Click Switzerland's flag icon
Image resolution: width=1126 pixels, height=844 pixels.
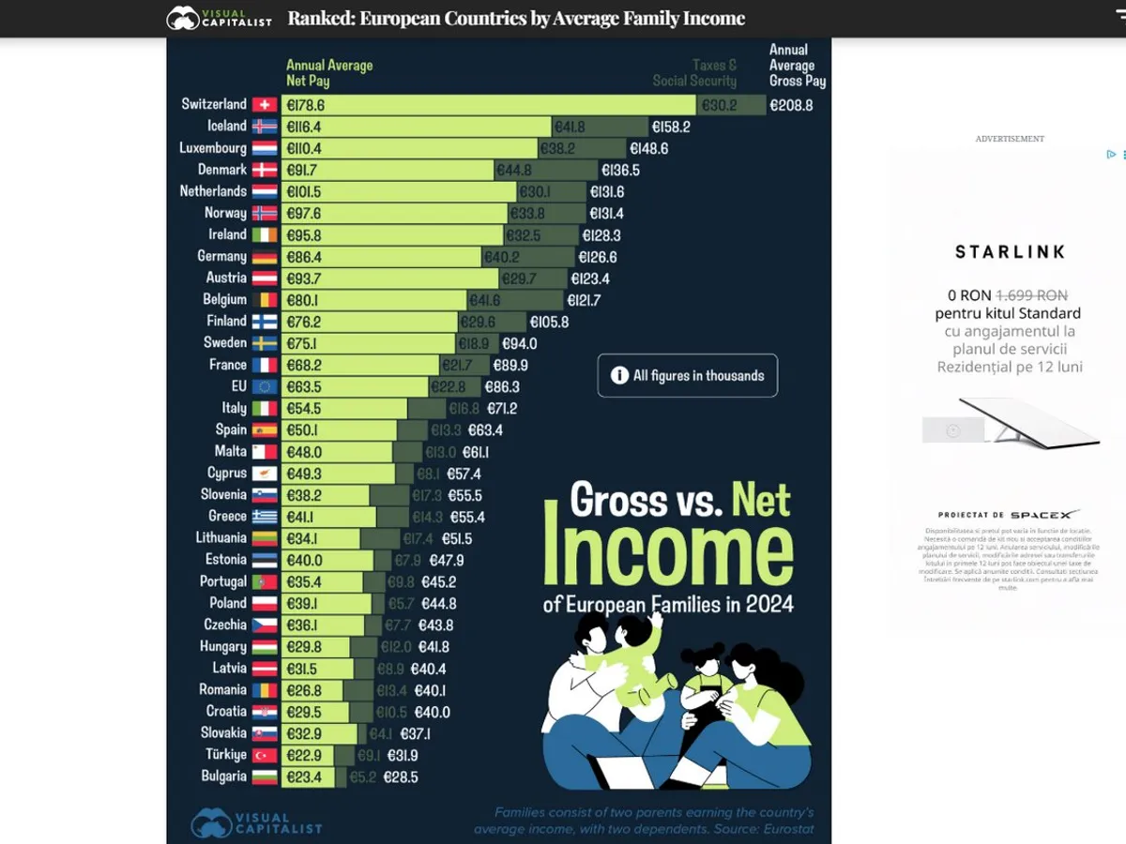click(264, 104)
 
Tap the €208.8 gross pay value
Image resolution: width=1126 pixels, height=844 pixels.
click(791, 105)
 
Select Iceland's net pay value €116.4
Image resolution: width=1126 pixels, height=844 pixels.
click(306, 127)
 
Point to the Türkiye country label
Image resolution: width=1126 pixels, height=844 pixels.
click(226, 755)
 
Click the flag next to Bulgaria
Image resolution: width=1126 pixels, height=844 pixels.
click(264, 776)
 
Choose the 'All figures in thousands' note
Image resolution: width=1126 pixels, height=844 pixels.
click(688, 375)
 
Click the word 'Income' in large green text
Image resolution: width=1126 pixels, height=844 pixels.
click(668, 553)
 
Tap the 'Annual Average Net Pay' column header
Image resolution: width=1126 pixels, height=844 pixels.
click(329, 72)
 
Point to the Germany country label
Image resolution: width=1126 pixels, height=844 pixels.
click(221, 256)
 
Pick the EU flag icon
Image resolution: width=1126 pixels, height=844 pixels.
click(264, 386)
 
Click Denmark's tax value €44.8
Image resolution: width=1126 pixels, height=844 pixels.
click(514, 170)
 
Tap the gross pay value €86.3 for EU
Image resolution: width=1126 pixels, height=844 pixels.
click(502, 386)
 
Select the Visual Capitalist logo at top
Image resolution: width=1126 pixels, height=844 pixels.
click(219, 18)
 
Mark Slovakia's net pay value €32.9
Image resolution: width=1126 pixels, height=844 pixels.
click(304, 733)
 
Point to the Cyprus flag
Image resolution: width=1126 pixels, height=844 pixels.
click(264, 474)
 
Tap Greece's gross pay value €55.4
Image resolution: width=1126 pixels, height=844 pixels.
click(467, 517)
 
